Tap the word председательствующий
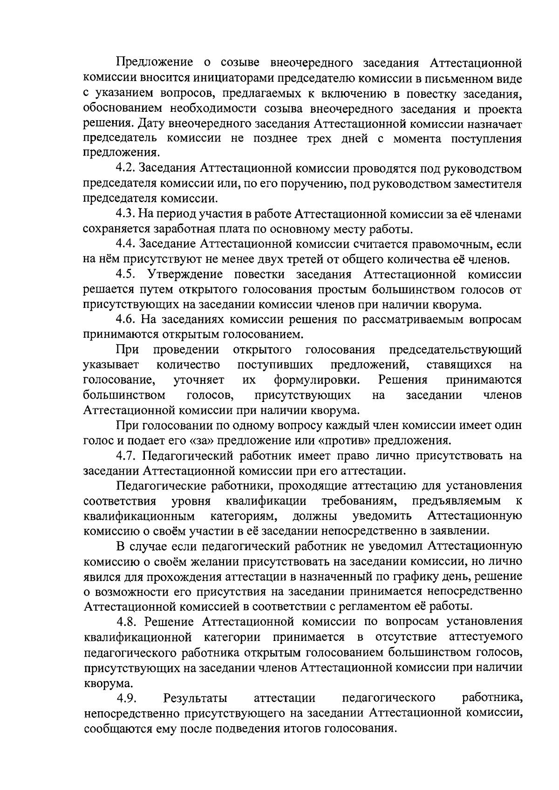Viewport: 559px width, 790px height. (x=455, y=350)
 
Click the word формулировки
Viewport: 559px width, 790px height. (x=317, y=380)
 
